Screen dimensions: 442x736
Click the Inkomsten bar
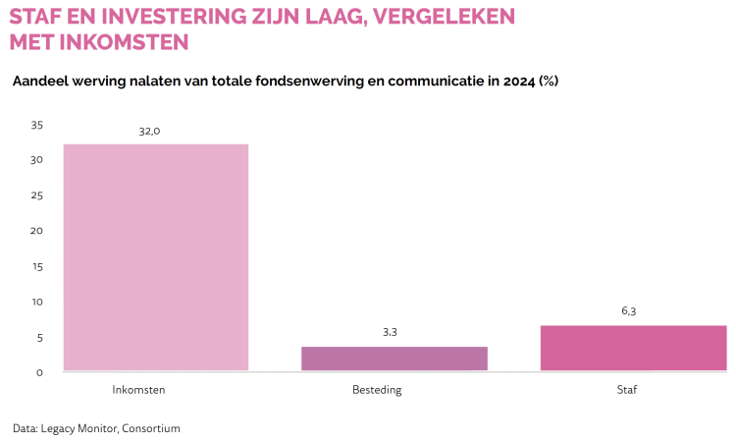point(155,257)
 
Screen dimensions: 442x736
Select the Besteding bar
point(394,359)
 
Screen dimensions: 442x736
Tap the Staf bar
point(633,348)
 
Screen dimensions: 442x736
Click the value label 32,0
point(149,131)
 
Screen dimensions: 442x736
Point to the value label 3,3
point(390,332)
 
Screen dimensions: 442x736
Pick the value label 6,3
point(629,310)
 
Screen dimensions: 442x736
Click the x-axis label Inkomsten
point(138,390)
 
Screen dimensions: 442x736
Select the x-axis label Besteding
point(377,390)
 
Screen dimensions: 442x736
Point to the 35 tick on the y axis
point(37,125)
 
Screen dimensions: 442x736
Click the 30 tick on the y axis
point(37,160)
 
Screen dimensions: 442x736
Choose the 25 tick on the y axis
point(37,195)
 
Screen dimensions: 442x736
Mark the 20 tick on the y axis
point(37,231)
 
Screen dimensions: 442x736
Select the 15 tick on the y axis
point(37,266)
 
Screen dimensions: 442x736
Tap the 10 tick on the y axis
point(37,302)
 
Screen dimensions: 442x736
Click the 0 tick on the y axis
point(40,372)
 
